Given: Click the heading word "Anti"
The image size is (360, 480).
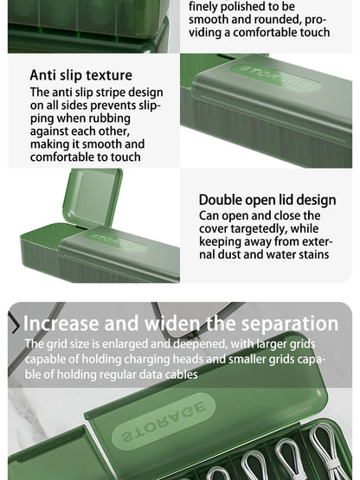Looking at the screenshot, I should (x=44, y=75).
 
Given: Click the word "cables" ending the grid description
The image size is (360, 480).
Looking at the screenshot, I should (x=178, y=374).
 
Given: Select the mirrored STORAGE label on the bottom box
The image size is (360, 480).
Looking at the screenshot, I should (x=164, y=422).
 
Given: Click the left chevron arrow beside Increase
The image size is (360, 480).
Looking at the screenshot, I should (x=15, y=324).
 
